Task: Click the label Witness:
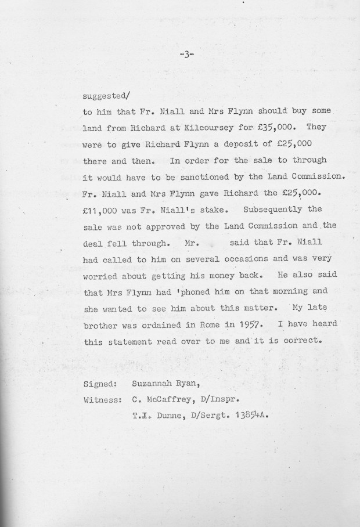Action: point(102,399)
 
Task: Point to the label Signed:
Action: point(102,383)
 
